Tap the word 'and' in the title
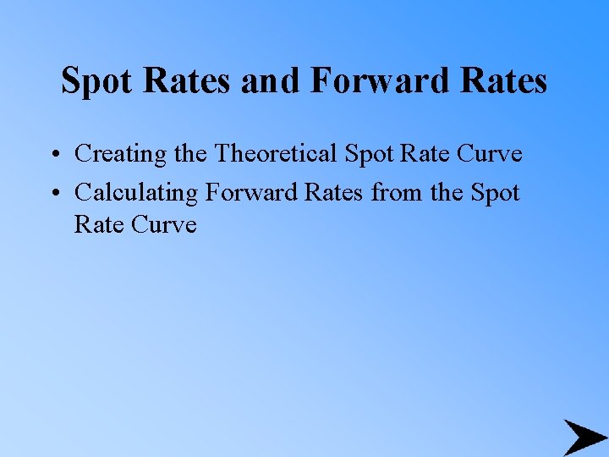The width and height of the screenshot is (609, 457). click(271, 82)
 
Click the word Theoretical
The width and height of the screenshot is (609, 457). click(277, 154)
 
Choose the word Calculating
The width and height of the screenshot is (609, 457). click(135, 193)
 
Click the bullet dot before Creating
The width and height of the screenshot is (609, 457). click(53, 155)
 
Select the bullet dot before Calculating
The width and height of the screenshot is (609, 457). click(53, 194)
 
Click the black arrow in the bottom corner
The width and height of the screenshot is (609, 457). click(584, 438)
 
